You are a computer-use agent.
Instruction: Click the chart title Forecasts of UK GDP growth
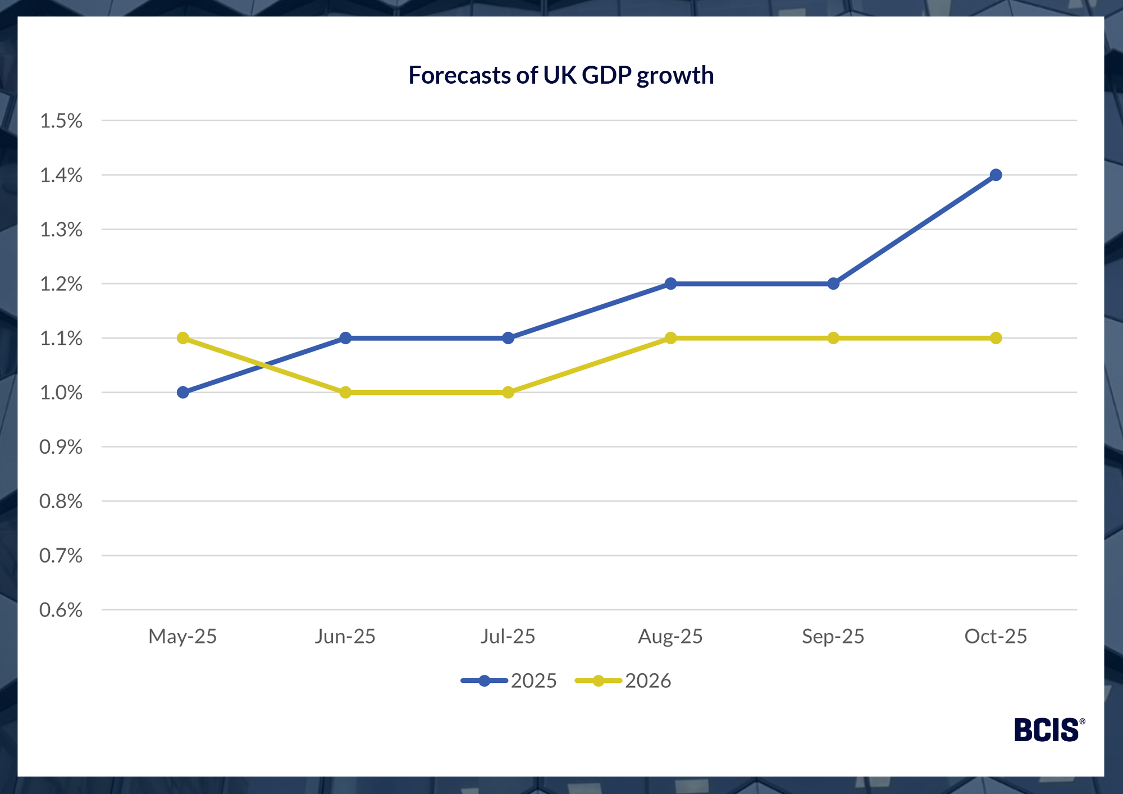[560, 75]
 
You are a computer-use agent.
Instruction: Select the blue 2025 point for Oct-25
[996, 175]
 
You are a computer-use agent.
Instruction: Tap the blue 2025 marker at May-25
[183, 393]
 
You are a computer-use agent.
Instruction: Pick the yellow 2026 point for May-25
[183, 338]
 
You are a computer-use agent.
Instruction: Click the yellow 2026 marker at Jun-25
[345, 393]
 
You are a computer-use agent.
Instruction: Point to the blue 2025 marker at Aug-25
[670, 284]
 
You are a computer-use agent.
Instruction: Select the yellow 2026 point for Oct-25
[996, 338]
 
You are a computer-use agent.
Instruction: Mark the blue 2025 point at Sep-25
[833, 284]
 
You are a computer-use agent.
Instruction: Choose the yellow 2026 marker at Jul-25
[508, 393]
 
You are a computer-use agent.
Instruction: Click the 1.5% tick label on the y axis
[61, 121]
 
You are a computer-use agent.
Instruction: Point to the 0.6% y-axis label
[61, 610]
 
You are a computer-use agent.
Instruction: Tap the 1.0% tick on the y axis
[61, 393]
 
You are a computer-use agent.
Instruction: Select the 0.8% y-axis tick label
[61, 501]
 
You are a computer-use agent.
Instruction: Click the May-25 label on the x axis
[182, 636]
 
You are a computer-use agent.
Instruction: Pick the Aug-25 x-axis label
[670, 636]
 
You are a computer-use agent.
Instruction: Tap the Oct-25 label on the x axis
[996, 636]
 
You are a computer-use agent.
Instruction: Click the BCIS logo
[1048, 730]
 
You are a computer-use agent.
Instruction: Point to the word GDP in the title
[606, 75]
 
